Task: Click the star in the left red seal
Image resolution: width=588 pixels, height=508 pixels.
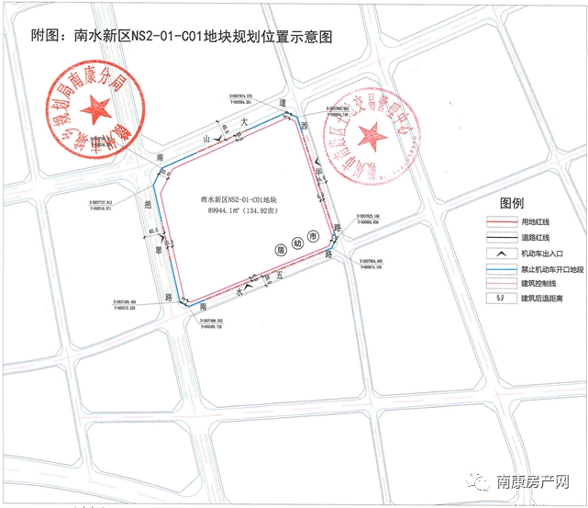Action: pyautogui.click(x=94, y=114)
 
